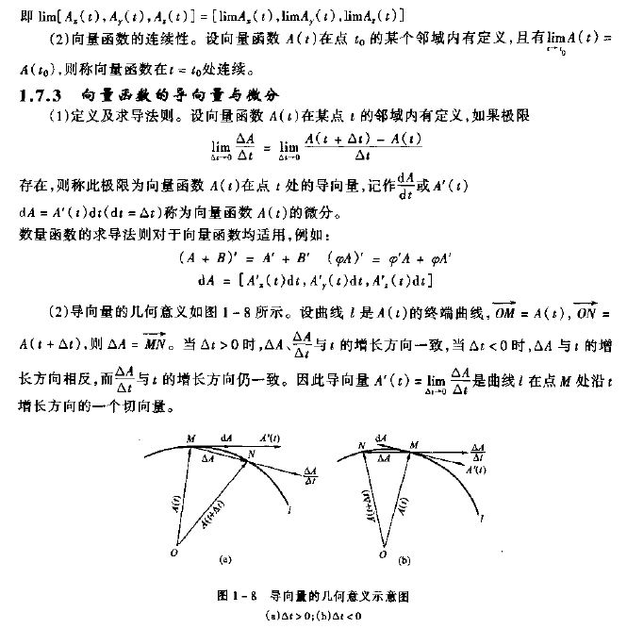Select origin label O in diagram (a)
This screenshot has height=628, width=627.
click(x=172, y=554)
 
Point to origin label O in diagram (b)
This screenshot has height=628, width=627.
click(x=382, y=554)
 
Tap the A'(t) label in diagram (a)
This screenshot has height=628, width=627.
click(x=270, y=438)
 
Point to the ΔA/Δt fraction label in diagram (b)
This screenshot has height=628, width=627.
click(x=479, y=449)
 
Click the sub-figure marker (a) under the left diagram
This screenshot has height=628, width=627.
click(x=224, y=560)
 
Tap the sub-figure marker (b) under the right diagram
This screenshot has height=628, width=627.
click(x=404, y=561)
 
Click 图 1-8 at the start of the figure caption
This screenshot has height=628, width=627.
click(x=232, y=596)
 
